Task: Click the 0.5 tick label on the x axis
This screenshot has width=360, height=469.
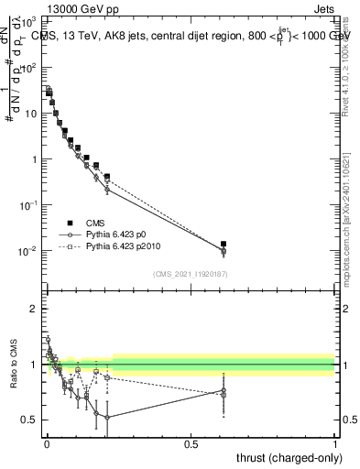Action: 191,443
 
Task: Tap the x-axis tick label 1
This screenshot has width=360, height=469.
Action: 335,443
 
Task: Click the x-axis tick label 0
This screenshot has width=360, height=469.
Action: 46,443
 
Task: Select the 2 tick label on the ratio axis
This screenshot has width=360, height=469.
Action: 34,309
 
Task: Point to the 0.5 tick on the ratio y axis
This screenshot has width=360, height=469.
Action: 30,420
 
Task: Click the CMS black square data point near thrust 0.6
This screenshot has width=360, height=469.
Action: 224,245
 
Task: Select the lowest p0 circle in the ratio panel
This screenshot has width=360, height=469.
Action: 107,418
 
